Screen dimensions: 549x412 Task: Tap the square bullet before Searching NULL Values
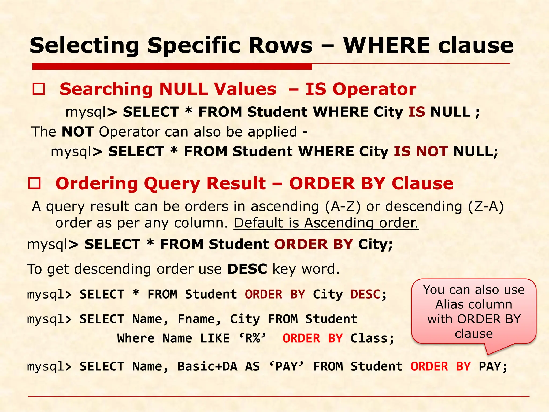(39, 89)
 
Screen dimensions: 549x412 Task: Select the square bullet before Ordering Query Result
(35, 183)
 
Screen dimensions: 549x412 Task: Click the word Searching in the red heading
(106, 89)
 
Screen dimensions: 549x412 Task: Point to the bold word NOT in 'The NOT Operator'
(77, 132)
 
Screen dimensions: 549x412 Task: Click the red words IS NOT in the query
(421, 152)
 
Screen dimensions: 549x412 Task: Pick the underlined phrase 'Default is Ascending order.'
(326, 223)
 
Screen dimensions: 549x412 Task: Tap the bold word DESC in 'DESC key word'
(247, 269)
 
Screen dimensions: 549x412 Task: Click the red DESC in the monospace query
(365, 295)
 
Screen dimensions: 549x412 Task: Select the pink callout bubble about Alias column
(474, 312)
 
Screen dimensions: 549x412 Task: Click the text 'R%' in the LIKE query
(253, 339)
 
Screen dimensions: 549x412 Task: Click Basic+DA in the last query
(207, 367)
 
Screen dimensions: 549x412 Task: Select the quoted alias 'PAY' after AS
(286, 367)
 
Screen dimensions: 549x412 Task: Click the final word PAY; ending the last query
(493, 367)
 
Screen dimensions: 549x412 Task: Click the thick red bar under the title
(172, 66)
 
